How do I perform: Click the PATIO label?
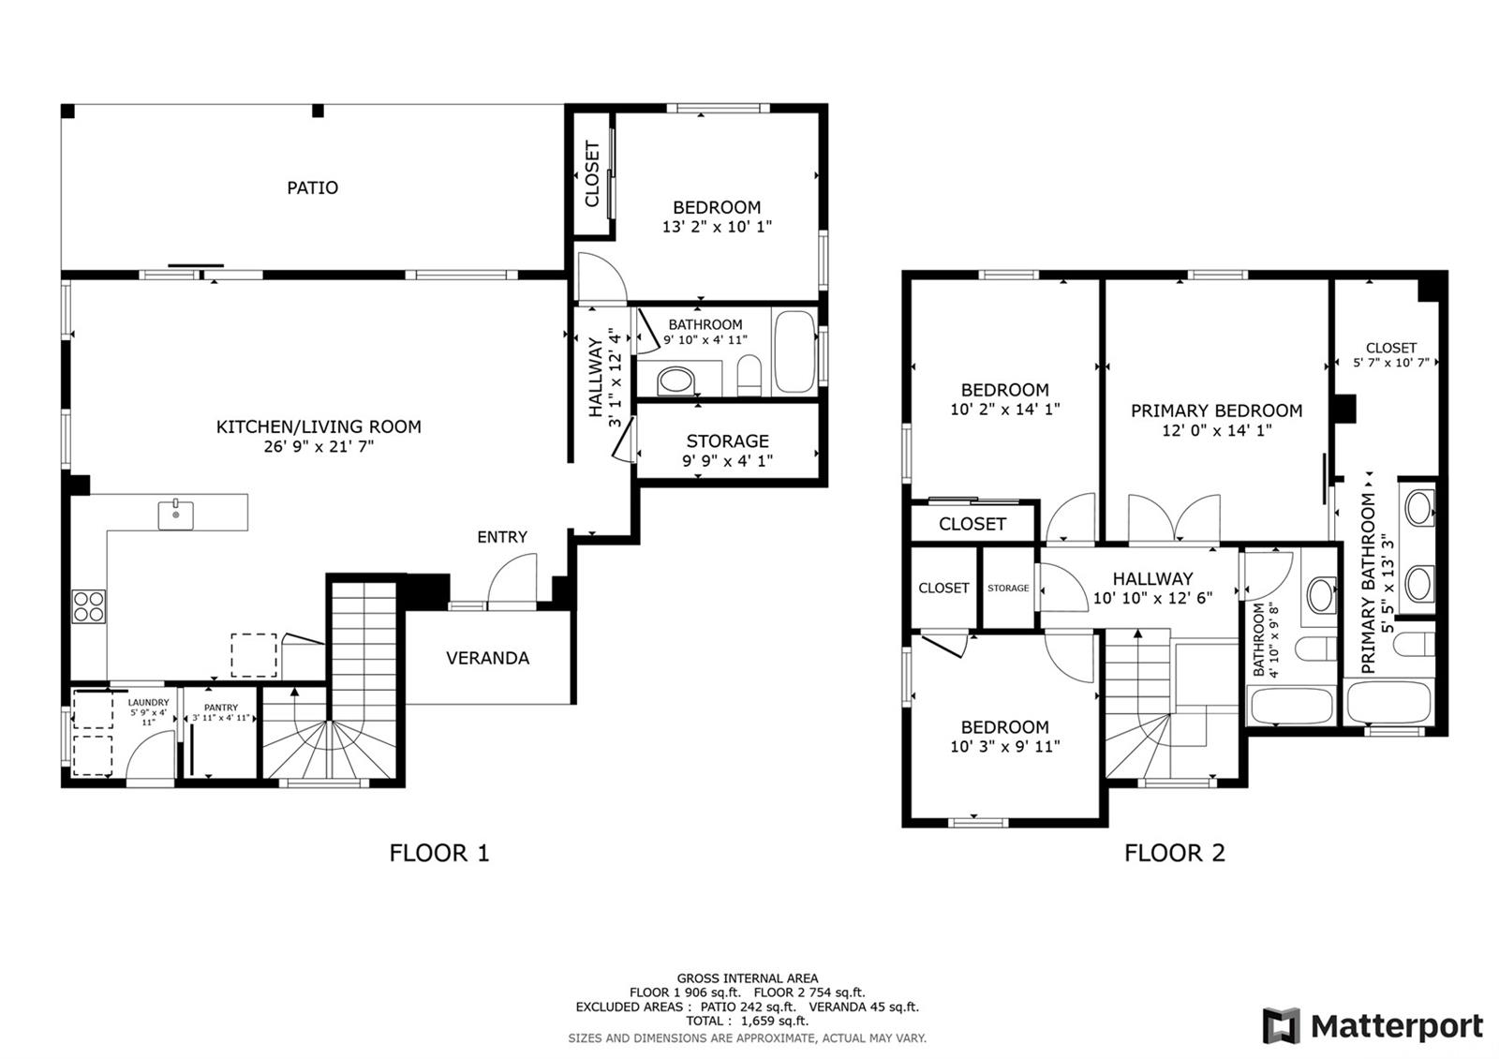coord(313,187)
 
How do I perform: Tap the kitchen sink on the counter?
coord(176,515)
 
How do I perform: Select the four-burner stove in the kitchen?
coord(89,606)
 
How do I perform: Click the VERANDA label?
coord(488,658)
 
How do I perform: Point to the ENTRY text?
coord(502,537)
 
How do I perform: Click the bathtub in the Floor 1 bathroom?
coord(795,351)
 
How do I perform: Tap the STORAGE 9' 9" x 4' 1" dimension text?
coord(727,460)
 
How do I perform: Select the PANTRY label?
coord(221,707)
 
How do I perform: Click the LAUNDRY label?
coord(149,702)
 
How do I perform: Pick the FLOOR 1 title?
coord(439,853)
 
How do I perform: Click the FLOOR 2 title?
coord(1175,853)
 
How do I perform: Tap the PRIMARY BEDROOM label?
coord(1217,410)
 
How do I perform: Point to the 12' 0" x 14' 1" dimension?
coord(1217,430)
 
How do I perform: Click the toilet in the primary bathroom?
coord(1414,645)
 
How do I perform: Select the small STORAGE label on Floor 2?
coord(1008,588)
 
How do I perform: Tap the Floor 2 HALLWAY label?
coord(1152,578)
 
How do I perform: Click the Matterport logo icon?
coord(1281,1025)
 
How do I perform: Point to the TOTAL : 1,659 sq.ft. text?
coord(747,1021)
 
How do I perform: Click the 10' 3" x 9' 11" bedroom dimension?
coord(1005,746)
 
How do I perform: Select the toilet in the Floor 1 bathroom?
coord(749,376)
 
